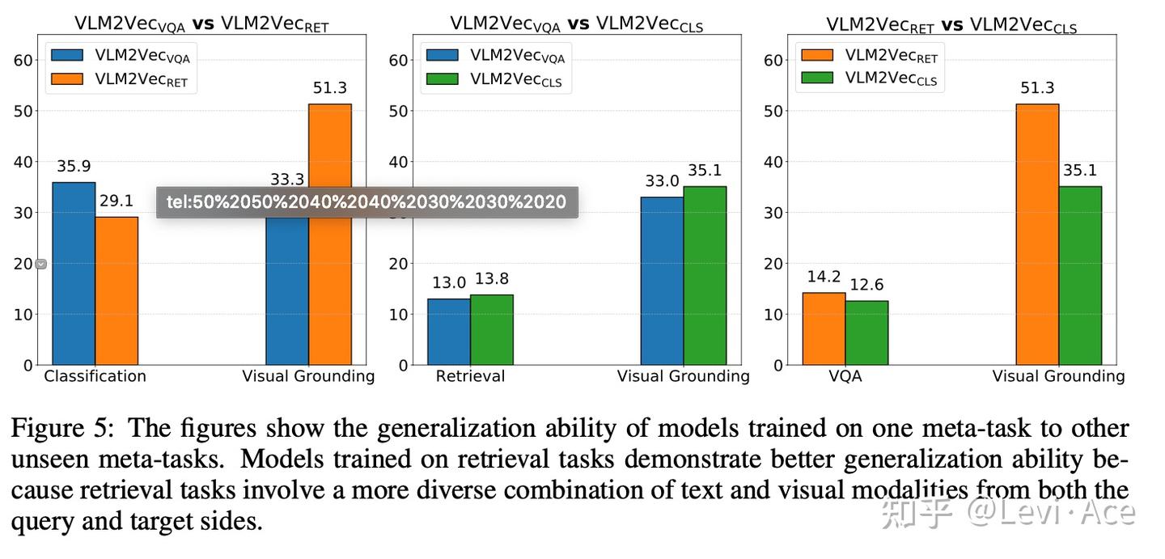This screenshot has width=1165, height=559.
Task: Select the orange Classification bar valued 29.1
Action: click(x=116, y=291)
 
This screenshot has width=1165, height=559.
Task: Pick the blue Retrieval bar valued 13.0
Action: click(x=449, y=332)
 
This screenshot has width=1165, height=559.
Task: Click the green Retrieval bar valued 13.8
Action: click(x=492, y=330)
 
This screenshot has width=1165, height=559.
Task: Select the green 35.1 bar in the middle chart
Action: click(x=705, y=275)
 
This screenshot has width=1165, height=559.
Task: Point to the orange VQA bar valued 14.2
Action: click(x=824, y=328)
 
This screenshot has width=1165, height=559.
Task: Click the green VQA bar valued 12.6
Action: click(x=866, y=332)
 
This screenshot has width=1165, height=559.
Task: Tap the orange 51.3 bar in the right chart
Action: click(x=1037, y=235)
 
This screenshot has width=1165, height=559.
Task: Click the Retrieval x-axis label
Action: click(x=470, y=376)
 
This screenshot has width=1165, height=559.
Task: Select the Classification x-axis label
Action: click(x=95, y=376)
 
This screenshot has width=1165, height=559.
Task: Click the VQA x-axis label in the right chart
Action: click(x=845, y=376)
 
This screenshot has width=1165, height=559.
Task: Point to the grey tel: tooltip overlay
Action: click(x=366, y=202)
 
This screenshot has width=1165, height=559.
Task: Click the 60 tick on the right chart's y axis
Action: click(x=773, y=60)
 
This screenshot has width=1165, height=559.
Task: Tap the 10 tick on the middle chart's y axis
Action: click(x=398, y=315)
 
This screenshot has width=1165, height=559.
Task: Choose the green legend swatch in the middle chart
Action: click(x=443, y=79)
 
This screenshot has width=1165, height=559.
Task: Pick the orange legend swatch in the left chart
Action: click(x=67, y=79)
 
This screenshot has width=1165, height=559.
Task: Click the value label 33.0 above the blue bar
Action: click(x=662, y=181)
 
